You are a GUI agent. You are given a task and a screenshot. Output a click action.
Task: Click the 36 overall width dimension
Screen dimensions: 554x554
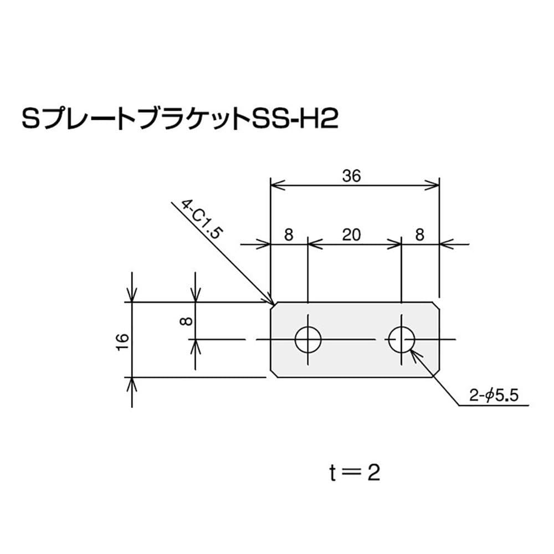tap(351, 176)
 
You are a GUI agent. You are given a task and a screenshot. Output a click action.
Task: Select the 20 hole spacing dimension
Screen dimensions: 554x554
tap(351, 235)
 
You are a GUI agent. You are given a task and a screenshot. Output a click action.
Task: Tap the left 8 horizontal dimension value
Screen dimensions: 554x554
tap(288, 235)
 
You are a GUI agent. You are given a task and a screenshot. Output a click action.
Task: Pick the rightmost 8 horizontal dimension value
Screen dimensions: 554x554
tap(419, 235)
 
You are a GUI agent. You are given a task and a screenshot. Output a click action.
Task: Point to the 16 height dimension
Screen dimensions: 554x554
tap(123, 340)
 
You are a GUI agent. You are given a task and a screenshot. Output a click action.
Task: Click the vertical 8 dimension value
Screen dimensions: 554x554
tap(187, 320)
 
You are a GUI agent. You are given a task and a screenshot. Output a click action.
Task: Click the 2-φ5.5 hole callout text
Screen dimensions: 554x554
tap(493, 396)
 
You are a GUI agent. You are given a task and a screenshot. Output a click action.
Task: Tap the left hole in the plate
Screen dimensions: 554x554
tap(308, 339)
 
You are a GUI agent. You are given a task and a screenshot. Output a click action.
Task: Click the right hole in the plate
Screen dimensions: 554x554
tap(402, 339)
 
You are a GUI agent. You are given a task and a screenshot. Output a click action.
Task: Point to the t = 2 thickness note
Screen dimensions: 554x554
tap(353, 473)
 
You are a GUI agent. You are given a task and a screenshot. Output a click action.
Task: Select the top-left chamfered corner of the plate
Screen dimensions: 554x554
tap(273, 305)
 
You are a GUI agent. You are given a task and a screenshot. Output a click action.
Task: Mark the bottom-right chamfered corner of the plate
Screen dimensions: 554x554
tap(436, 373)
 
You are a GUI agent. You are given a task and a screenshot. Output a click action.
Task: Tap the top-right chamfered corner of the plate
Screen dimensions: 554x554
tap(436, 305)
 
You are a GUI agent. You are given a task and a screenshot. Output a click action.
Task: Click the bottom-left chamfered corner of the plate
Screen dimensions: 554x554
tap(273, 373)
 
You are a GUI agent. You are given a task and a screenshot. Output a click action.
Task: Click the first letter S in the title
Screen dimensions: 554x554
tap(29, 119)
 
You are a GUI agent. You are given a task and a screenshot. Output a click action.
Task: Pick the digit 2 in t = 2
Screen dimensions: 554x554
tap(373, 473)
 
